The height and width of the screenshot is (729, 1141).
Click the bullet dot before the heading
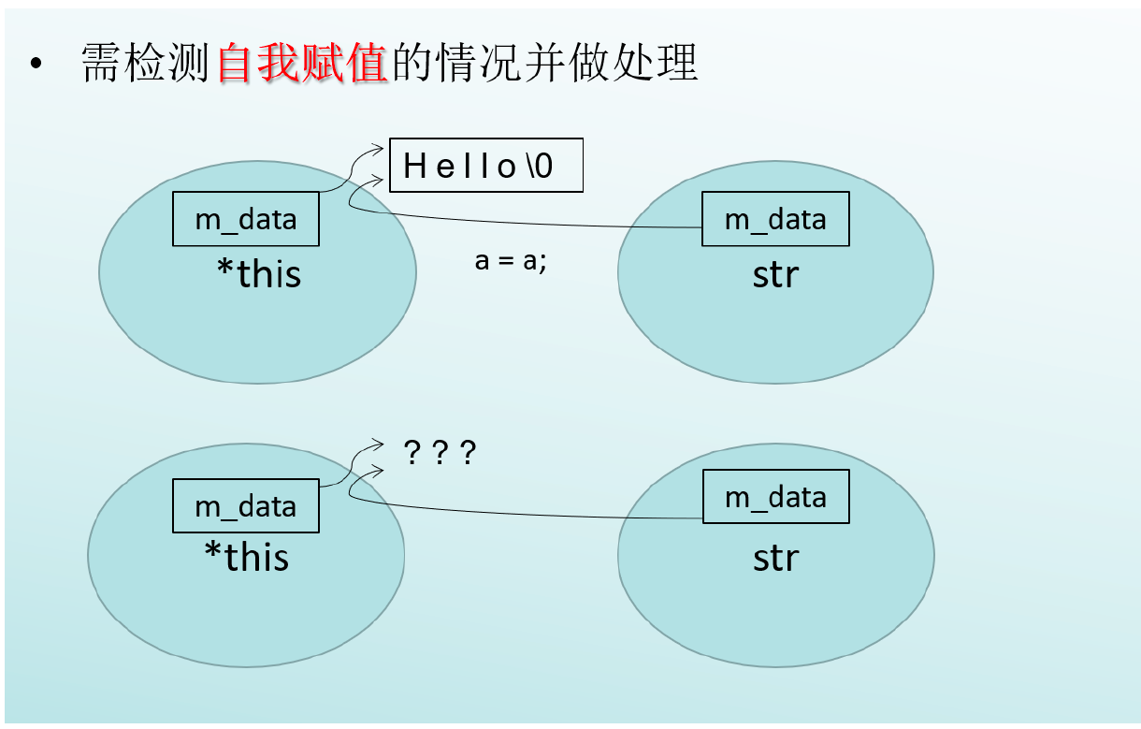coord(36,64)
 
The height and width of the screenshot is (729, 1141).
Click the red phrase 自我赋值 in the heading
coord(301,63)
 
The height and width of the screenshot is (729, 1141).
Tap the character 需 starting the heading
coord(102,63)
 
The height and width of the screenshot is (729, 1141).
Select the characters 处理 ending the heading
coord(655,63)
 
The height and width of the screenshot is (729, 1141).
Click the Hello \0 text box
coord(486,165)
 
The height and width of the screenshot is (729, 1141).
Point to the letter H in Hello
coord(414,167)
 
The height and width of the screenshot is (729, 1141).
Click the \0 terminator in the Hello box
coord(540,167)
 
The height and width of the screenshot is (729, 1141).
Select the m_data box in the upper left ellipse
coord(246,219)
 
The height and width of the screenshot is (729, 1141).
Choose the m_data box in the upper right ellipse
coord(775,219)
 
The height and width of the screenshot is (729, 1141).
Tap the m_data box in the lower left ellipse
coord(246,505)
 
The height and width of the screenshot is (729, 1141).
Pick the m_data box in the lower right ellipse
coord(775,496)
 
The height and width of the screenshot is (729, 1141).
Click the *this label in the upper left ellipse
coord(259,274)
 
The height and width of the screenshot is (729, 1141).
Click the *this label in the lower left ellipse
coord(247,556)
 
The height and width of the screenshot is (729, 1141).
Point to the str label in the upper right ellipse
coord(775,275)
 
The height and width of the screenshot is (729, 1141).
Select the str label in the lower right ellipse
coord(776,559)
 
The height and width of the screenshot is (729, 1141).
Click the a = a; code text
coord(511,261)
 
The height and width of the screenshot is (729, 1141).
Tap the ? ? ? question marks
coord(440,452)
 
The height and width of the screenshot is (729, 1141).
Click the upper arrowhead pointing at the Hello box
coord(378,149)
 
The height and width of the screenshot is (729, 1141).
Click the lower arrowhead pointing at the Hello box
coord(378,180)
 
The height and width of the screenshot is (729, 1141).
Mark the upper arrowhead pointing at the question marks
coord(378,444)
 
